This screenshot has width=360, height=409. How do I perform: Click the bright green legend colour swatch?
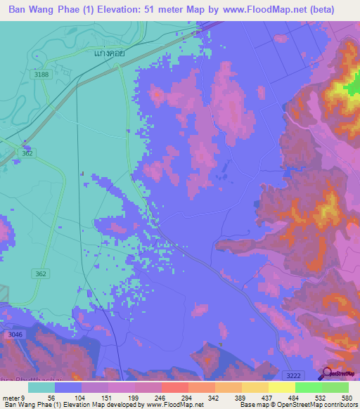tap(309, 387)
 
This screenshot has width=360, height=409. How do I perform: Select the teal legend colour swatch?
tap(41, 387)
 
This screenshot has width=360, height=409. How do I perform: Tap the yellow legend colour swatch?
tap(282, 387)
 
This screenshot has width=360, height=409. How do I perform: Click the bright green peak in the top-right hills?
tap(349, 89)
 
